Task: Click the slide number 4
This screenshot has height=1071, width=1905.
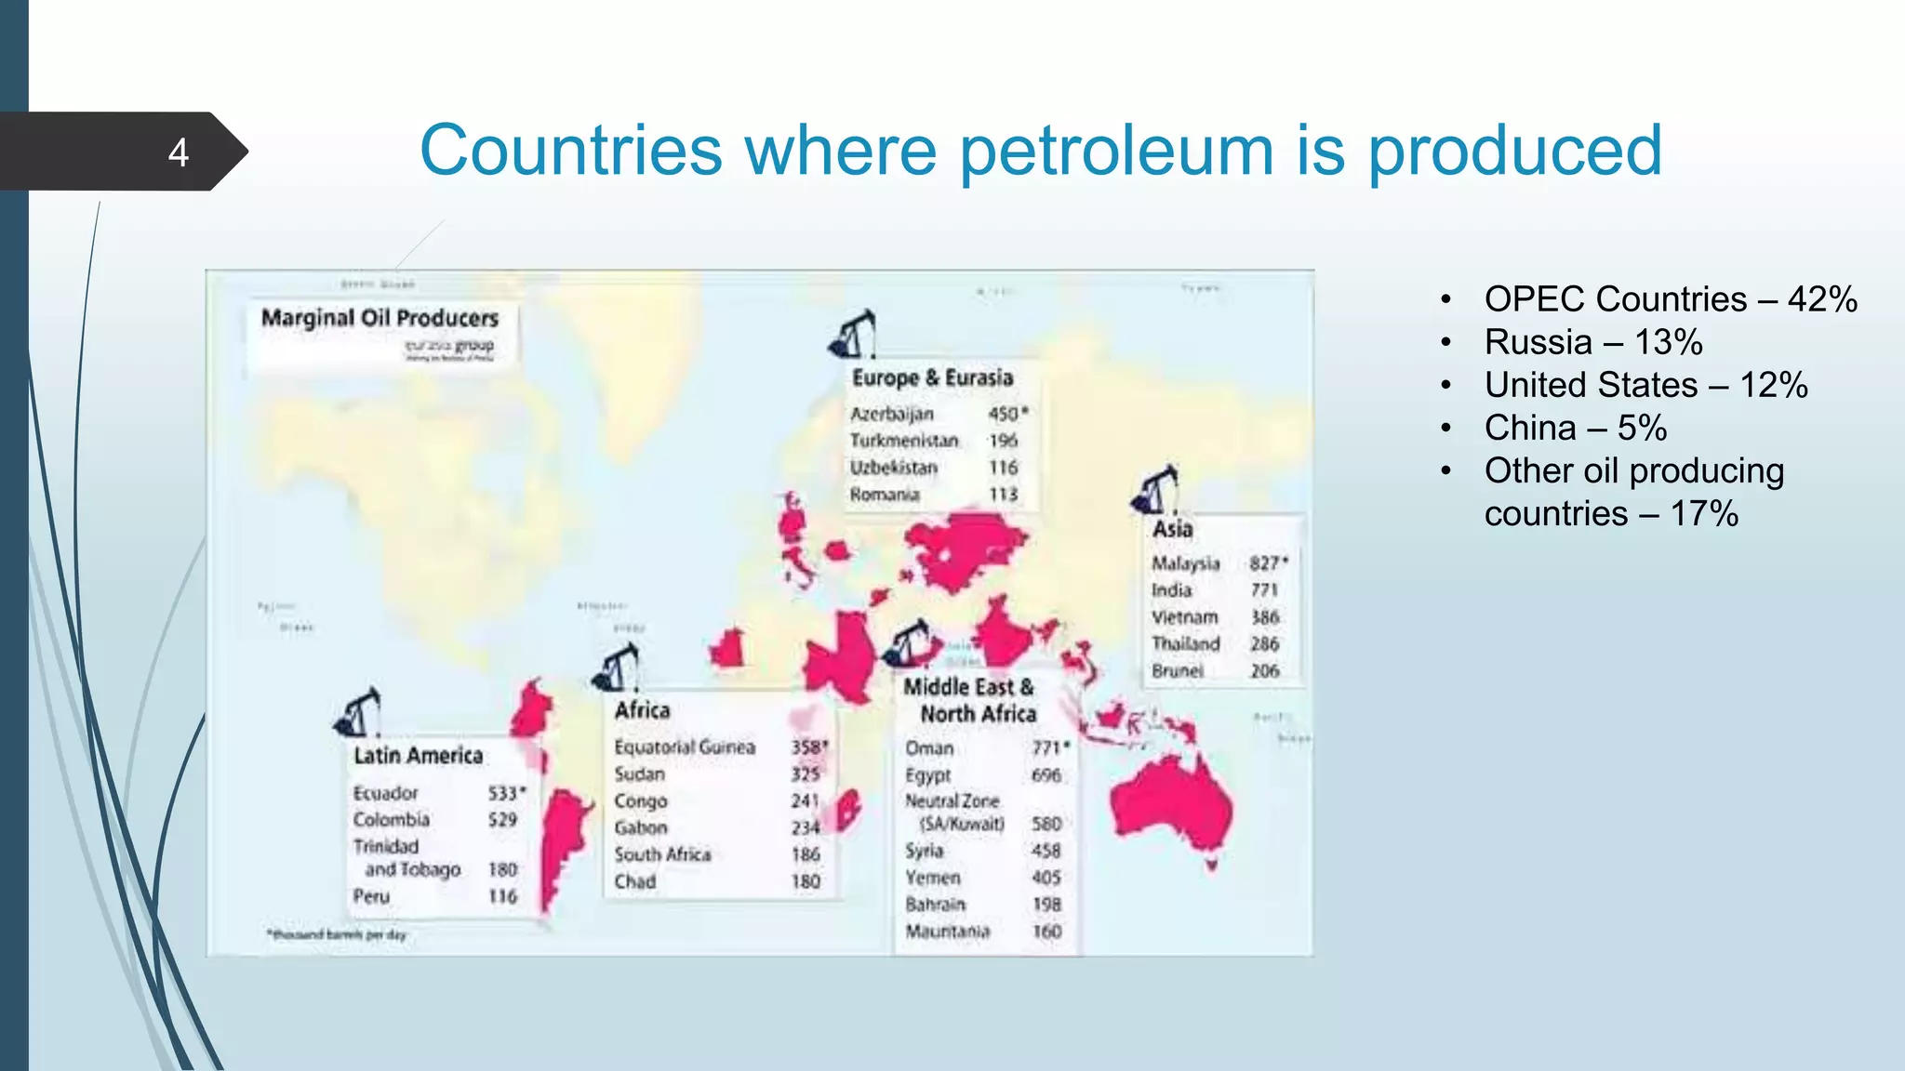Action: [179, 152]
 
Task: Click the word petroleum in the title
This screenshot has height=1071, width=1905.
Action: [1115, 151]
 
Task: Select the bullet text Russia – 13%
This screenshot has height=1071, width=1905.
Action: [1592, 342]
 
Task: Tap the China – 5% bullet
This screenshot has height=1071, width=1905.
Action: [1575, 428]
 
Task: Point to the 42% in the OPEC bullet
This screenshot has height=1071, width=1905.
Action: [1822, 299]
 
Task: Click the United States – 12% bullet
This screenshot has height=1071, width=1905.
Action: [1645, 385]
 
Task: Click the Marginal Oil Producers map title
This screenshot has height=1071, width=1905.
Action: [380, 318]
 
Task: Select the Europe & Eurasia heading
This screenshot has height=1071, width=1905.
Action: [932, 377]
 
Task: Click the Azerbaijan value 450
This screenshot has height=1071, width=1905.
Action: [1005, 414]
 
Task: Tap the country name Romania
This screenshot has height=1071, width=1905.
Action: [884, 495]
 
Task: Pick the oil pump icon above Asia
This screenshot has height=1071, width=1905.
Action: [1156, 490]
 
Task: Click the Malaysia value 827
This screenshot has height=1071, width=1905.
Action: [1265, 563]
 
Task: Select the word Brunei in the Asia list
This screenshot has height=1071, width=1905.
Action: [1177, 671]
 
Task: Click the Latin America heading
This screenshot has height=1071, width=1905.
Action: [418, 756]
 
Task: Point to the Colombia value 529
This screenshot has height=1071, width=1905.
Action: [502, 820]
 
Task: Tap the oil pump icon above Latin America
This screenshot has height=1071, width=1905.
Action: [359, 713]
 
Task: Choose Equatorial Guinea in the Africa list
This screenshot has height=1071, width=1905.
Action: [685, 747]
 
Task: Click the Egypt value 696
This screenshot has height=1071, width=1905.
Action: [1046, 775]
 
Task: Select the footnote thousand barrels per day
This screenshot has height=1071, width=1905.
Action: [338, 934]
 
